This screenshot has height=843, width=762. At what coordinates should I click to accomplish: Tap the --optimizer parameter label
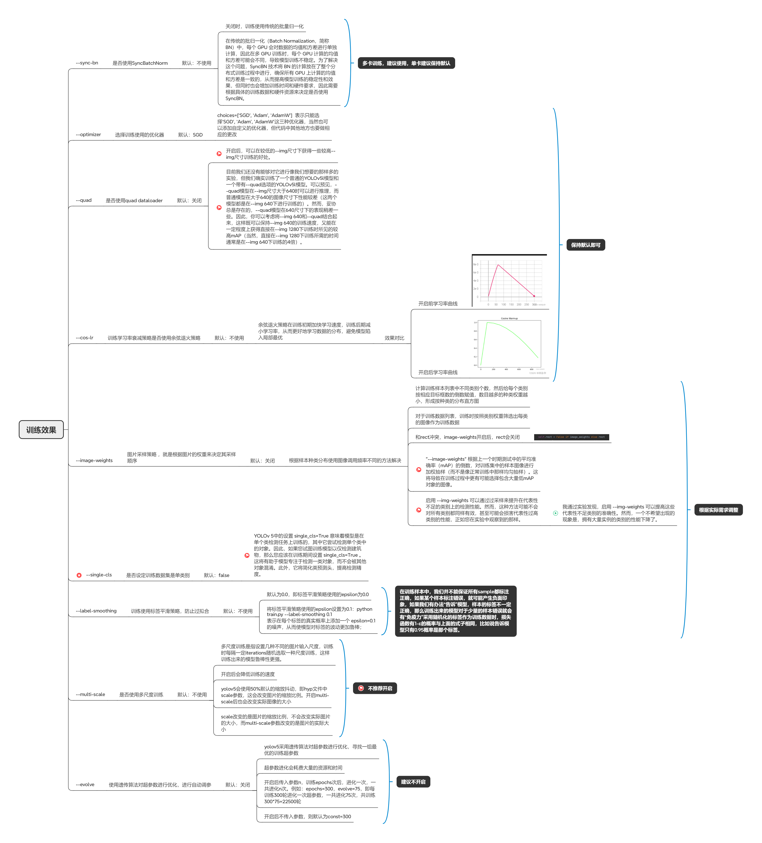click(x=88, y=135)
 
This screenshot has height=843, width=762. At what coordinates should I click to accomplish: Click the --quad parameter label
click(x=84, y=200)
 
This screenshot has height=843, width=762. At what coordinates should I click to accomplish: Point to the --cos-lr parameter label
click(x=84, y=337)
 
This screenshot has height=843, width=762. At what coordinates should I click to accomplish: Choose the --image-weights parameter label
click(x=94, y=460)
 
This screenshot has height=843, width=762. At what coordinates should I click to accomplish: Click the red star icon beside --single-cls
click(x=79, y=575)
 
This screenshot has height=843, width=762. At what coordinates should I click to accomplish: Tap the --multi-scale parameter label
click(x=90, y=694)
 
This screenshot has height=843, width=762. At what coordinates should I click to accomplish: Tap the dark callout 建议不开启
click(x=413, y=782)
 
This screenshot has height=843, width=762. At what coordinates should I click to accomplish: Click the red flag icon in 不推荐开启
click(x=361, y=688)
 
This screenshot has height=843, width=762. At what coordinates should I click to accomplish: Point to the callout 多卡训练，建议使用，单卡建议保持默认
click(x=406, y=63)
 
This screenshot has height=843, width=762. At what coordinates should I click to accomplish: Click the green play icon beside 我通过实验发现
click(x=555, y=513)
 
